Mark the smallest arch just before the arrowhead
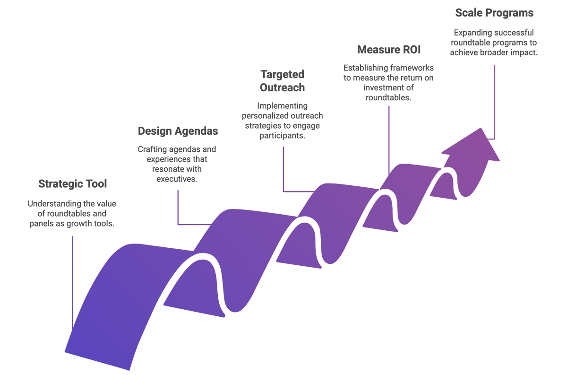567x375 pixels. [416, 170]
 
